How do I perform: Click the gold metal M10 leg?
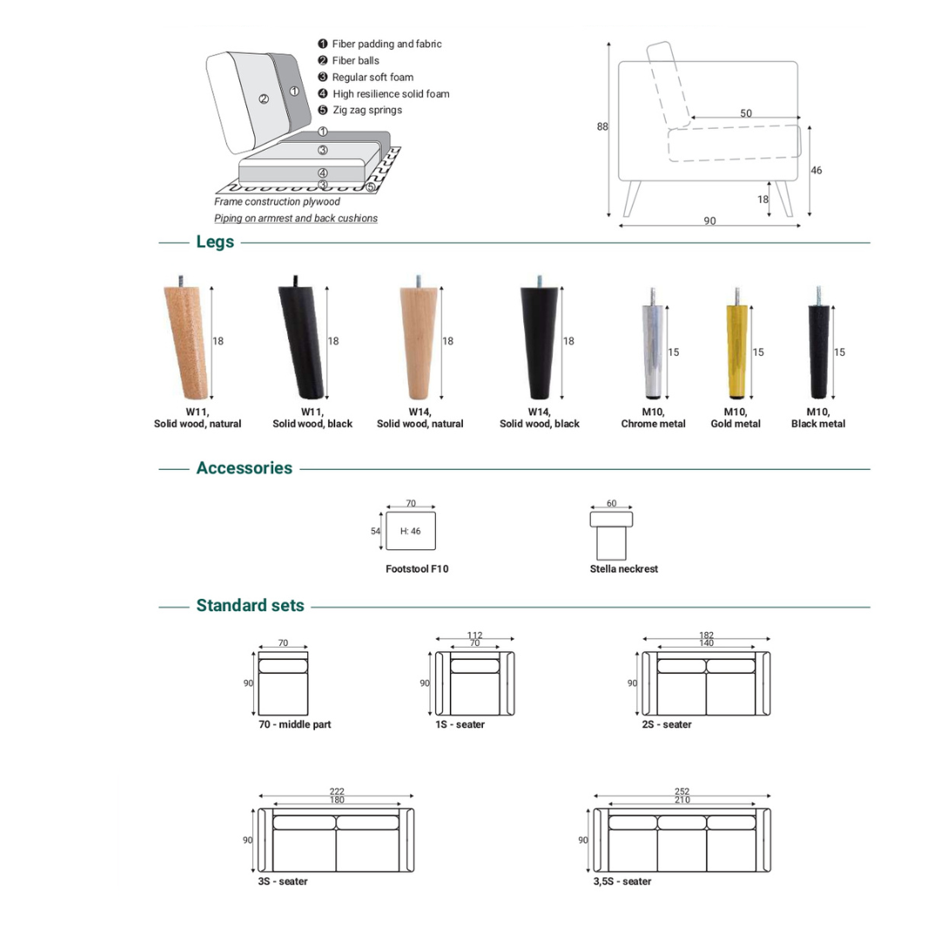[x=736, y=348]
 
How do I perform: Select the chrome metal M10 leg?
[x=653, y=348]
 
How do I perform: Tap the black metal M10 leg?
[x=818, y=348]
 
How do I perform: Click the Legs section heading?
[x=215, y=242]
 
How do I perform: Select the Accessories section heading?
[x=245, y=468]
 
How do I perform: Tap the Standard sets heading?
[x=251, y=606]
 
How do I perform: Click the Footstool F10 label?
[x=417, y=569]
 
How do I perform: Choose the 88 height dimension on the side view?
[x=602, y=127]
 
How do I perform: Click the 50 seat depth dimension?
[x=746, y=113]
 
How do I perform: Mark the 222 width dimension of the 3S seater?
[x=337, y=791]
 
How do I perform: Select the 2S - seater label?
[x=667, y=725]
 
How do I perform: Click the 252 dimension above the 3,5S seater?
[x=682, y=791]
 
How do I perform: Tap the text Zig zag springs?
[x=366, y=111]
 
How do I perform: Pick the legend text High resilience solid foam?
[x=391, y=94]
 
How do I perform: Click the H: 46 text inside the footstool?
[x=411, y=531]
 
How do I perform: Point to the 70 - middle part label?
[x=294, y=725]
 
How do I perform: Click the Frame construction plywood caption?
[x=277, y=202]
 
